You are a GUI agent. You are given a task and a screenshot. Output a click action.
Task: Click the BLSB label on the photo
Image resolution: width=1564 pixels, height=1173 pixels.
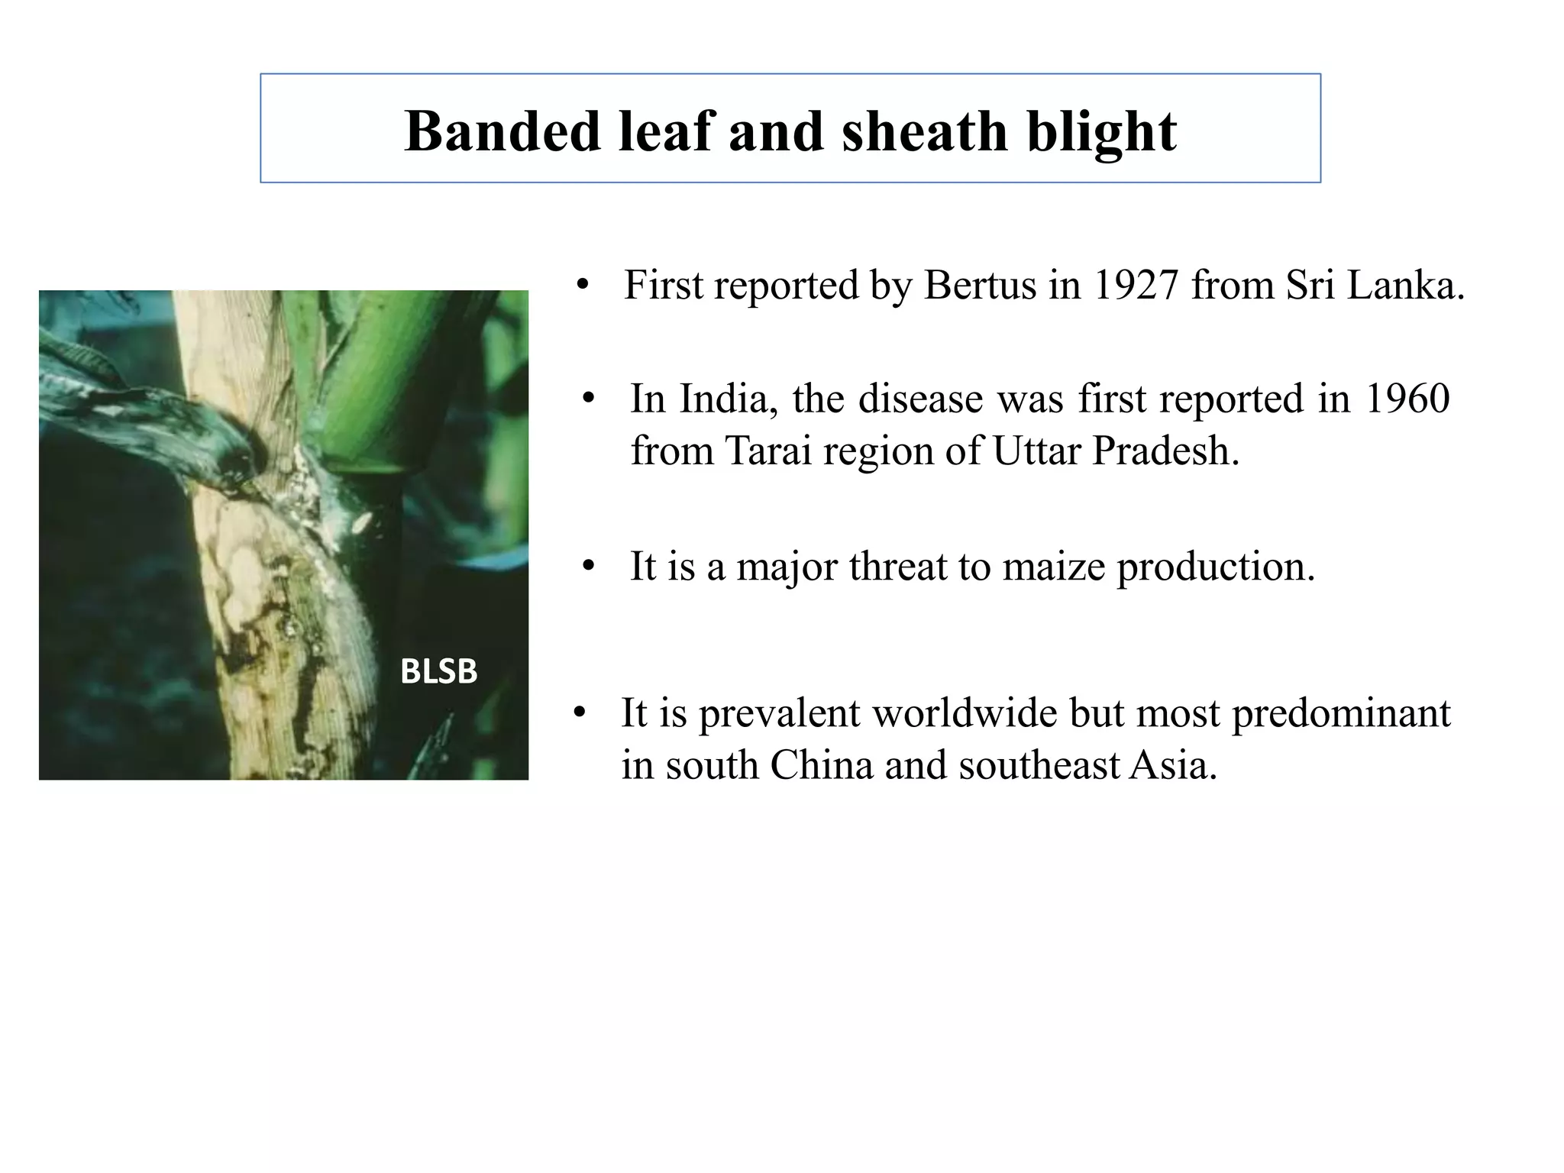[x=438, y=672]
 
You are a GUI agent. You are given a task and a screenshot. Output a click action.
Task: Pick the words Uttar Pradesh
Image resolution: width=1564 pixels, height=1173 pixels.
[x=1115, y=451]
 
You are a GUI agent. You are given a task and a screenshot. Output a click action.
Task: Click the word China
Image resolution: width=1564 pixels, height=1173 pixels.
[x=821, y=765]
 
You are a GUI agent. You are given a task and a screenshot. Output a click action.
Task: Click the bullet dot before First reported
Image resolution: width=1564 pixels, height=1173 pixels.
[x=583, y=286]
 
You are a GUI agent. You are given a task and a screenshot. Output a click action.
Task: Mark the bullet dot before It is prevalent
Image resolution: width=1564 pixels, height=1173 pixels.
[x=580, y=714]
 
